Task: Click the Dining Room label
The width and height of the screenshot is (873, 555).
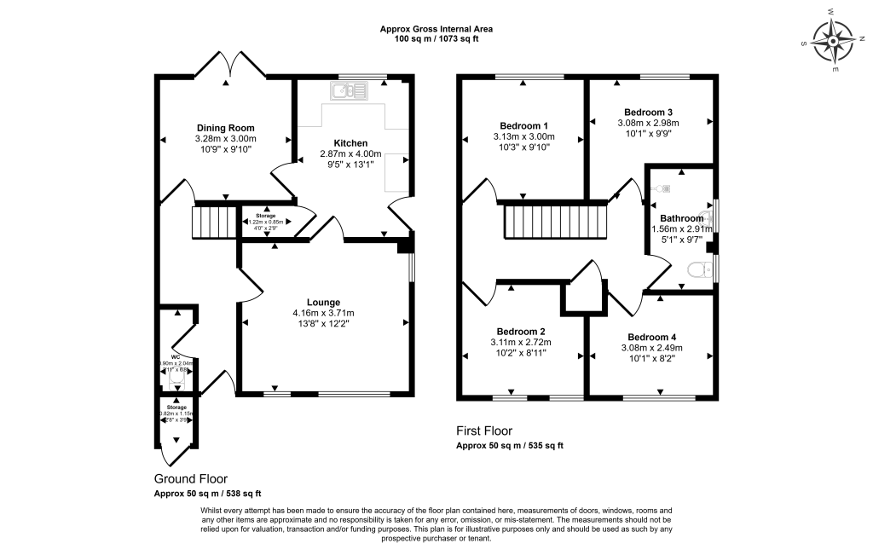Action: pyautogui.click(x=226, y=128)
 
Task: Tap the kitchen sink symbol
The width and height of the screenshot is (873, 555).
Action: pyautogui.click(x=350, y=89)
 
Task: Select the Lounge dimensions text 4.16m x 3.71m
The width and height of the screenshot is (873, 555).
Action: pyautogui.click(x=324, y=313)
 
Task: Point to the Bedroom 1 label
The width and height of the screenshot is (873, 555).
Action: pyautogui.click(x=523, y=125)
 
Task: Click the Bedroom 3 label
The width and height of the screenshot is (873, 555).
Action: pyautogui.click(x=649, y=112)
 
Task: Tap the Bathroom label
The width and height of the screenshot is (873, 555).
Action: pyautogui.click(x=677, y=218)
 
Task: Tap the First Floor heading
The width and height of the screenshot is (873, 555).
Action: pyautogui.click(x=484, y=431)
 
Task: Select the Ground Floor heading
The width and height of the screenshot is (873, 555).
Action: pyautogui.click(x=190, y=479)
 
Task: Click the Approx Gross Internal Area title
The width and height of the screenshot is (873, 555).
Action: pyautogui.click(x=436, y=29)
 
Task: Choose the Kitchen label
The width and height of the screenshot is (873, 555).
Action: pyautogui.click(x=350, y=142)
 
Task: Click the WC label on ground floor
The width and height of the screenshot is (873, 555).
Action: pyautogui.click(x=176, y=356)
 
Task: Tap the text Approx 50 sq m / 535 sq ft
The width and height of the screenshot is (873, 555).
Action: pyautogui.click(x=510, y=446)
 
